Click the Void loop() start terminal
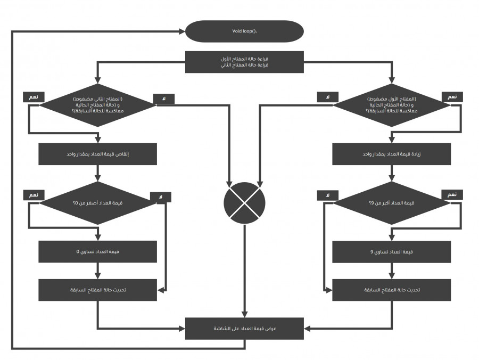pyautogui.click(x=244, y=31)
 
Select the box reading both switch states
pyautogui.click(x=244, y=62)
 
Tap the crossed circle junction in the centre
pyautogui.click(x=244, y=203)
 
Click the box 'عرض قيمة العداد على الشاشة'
pyautogui.click(x=244, y=328)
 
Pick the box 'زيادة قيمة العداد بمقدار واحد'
pyautogui.click(x=392, y=154)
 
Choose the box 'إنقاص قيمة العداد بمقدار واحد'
pyautogui.click(x=98, y=154)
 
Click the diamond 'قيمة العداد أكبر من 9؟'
pyautogui.click(x=392, y=203)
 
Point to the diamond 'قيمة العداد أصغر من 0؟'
pyautogui.click(x=98, y=203)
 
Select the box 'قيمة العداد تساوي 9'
pyautogui.click(x=392, y=251)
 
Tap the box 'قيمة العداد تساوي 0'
pyautogui.click(x=98, y=251)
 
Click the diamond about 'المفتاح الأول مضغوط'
pyautogui.click(x=392, y=105)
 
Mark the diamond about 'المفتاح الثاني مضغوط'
pyautogui.click(x=98, y=105)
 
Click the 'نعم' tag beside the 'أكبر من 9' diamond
pyautogui.click(x=452, y=195)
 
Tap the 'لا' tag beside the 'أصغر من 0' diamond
pyautogui.click(x=161, y=198)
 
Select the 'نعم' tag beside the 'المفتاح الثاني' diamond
pyautogui.click(x=34, y=97)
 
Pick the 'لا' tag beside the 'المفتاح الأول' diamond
pyautogui.click(x=328, y=97)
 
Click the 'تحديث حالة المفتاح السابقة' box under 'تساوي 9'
pyautogui.click(x=392, y=290)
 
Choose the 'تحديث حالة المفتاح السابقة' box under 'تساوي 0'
pyautogui.click(x=98, y=290)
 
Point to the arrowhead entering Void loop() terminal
pyautogui.click(x=181, y=31)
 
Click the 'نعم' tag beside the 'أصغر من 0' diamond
pyautogui.click(x=34, y=195)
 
